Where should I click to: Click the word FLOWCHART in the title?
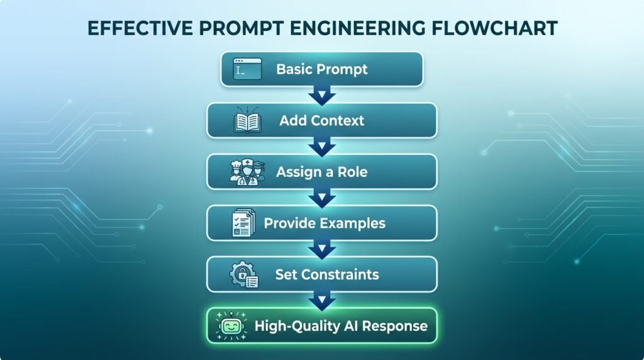(x=494, y=28)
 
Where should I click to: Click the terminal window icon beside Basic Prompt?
(x=247, y=69)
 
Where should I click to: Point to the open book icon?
(x=247, y=120)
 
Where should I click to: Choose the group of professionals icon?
(x=247, y=172)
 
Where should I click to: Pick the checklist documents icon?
(x=243, y=223)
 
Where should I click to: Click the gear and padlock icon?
(x=244, y=274)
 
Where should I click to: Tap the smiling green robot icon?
(x=231, y=326)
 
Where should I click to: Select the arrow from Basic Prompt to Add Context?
(x=322, y=95)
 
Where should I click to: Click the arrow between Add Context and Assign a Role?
(x=322, y=147)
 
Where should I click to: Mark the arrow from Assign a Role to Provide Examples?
(x=322, y=198)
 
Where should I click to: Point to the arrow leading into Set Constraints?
(x=322, y=249)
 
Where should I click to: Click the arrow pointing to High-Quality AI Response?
(x=322, y=301)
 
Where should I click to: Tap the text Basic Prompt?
(x=322, y=69)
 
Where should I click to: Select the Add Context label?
(x=322, y=120)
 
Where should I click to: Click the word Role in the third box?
(x=352, y=172)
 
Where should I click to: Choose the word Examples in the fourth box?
(x=353, y=223)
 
